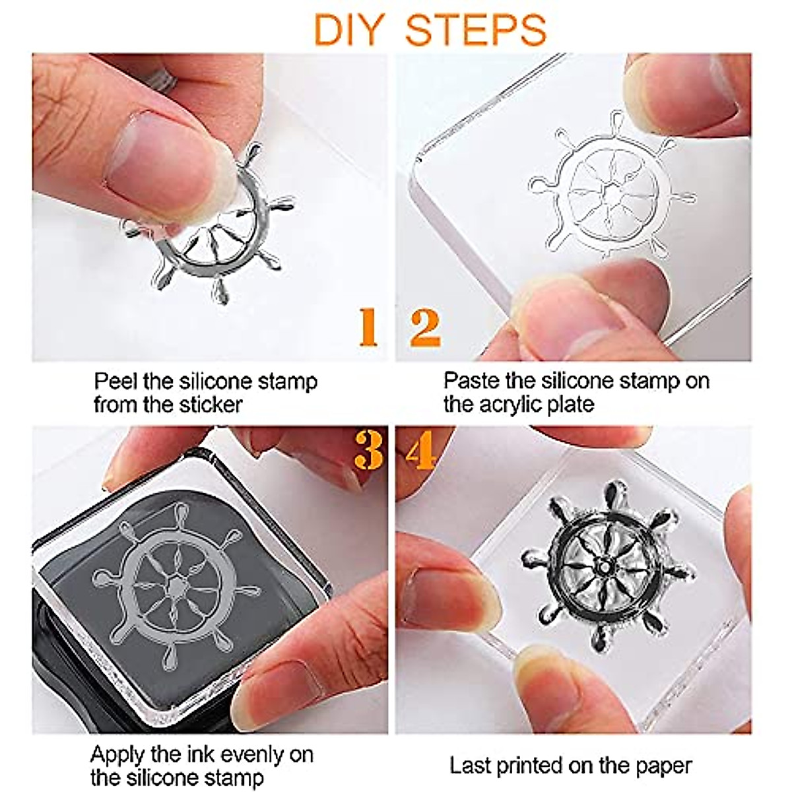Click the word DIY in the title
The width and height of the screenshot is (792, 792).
(x=349, y=30)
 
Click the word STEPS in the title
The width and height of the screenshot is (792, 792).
(x=476, y=30)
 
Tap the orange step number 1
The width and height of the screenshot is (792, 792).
(x=368, y=327)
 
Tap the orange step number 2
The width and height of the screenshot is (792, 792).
(x=426, y=327)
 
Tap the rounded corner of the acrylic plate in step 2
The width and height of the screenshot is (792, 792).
(x=416, y=164)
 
